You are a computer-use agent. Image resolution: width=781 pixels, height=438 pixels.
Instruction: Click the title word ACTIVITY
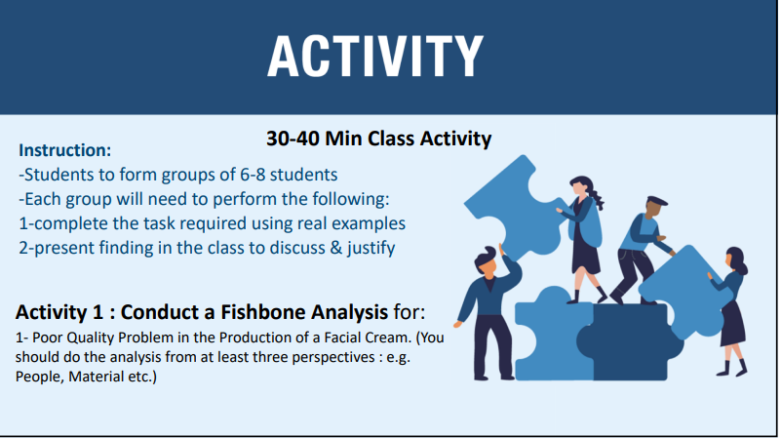(x=375, y=56)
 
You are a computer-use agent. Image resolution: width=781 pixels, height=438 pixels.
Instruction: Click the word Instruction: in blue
(x=64, y=150)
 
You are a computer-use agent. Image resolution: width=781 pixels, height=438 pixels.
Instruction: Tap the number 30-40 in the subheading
(x=293, y=139)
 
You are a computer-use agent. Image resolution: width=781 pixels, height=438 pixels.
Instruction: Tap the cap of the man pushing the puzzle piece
(x=656, y=201)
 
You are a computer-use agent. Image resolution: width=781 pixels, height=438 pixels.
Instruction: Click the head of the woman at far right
(x=736, y=259)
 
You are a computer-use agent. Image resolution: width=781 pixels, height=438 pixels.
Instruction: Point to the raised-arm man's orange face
(x=488, y=267)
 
